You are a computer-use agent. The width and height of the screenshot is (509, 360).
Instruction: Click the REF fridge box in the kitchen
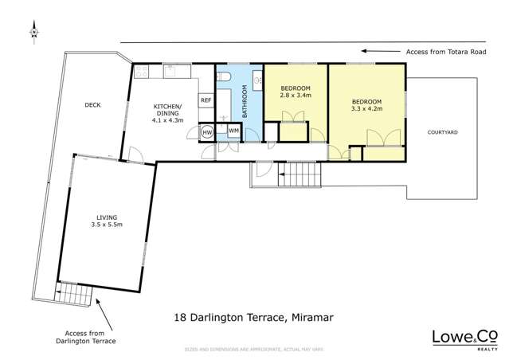[x=206, y=100]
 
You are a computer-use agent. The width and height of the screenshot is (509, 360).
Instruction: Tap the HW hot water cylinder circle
[x=207, y=132]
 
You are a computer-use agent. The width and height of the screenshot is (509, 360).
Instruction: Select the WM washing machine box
[x=234, y=130]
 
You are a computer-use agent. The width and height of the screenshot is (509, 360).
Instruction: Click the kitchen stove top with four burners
[x=143, y=72]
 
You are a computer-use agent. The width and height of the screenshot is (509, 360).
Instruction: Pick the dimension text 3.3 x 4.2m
[x=367, y=109]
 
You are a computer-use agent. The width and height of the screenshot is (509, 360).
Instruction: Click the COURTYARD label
[x=442, y=132]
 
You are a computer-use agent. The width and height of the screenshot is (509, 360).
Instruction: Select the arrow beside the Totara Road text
[x=380, y=52]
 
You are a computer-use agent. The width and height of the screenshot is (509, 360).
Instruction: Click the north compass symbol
[x=33, y=33]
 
